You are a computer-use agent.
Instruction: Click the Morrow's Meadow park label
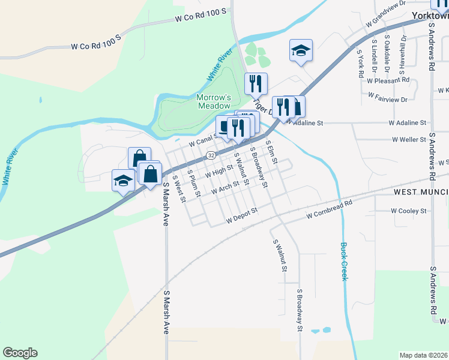pyautogui.click(x=213, y=101)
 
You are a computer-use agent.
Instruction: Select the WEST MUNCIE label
pyautogui.click(x=421, y=191)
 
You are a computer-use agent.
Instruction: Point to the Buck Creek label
pyautogui.click(x=344, y=261)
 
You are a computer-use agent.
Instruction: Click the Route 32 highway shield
pyautogui.click(x=211, y=155)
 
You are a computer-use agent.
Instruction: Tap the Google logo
pyautogui.click(x=20, y=353)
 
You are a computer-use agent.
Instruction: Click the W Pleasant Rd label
pyautogui.click(x=388, y=80)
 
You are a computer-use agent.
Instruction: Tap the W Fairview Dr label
pyautogui.click(x=388, y=97)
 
